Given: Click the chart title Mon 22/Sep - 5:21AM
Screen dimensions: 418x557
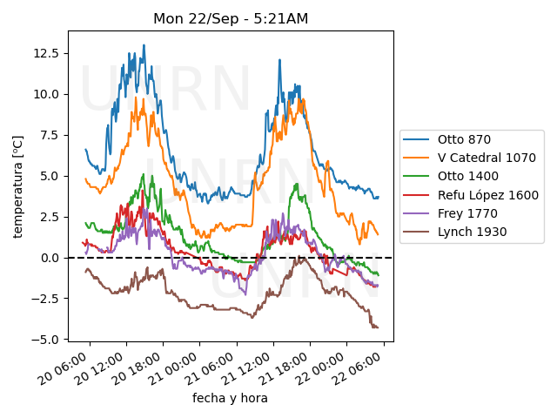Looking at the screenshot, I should pos(231,19).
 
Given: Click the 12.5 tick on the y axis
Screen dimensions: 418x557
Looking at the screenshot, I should pos(46,53).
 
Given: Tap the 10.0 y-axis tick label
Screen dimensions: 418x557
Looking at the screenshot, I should pos(46,94).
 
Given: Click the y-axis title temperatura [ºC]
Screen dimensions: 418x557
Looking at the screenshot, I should pos(17,186).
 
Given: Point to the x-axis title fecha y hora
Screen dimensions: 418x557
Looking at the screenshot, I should pos(230,398).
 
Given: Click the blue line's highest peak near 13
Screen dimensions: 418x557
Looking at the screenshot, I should pos(144,45).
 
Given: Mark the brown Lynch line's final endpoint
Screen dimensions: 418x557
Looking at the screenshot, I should pos(378,327).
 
